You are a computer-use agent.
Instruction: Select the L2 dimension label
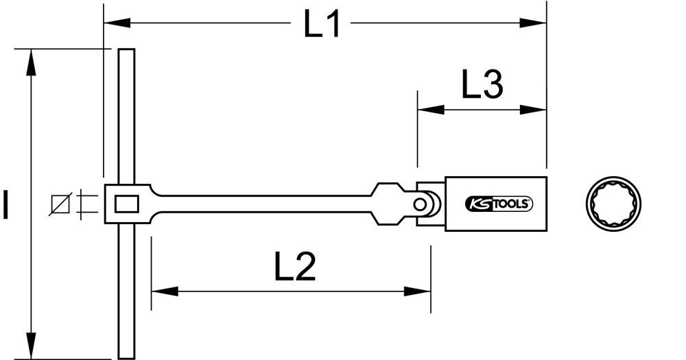tap(296, 268)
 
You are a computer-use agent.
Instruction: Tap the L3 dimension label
tap(482, 86)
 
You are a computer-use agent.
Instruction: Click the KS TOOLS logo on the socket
tap(499, 204)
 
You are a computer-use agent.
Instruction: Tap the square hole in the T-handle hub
tap(126, 204)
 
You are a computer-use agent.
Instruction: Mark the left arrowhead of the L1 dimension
tap(114, 23)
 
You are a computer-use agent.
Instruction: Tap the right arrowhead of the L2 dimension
tap(421, 291)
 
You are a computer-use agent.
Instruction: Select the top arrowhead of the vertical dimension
tap(30, 59)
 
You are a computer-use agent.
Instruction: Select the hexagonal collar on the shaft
tap(388, 204)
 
